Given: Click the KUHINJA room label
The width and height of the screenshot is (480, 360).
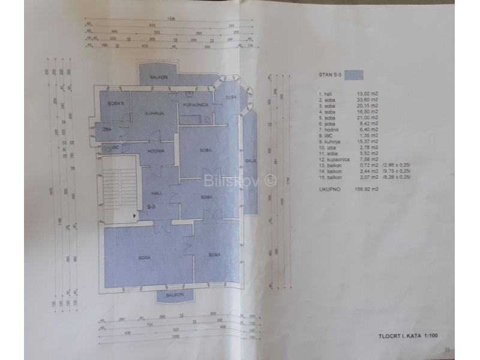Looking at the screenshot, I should coord(154,112).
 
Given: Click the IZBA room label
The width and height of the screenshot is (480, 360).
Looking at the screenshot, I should coord(106,130).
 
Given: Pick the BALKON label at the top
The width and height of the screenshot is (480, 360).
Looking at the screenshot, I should coord(159,77).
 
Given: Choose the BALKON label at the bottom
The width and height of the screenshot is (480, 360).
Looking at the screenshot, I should coord(175,296).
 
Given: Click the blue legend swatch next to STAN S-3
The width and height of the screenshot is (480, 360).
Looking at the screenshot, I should coord(355,76).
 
